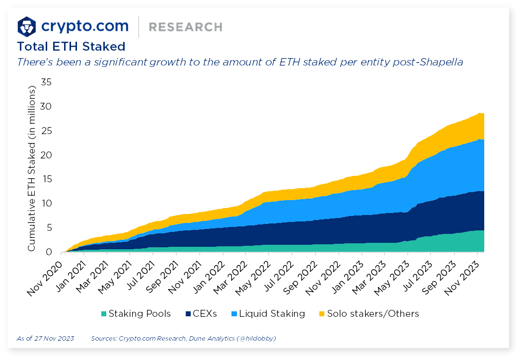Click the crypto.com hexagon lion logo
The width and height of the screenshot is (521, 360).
pyautogui.click(x=27, y=26)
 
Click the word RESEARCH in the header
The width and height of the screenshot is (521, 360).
pyautogui.click(x=185, y=27)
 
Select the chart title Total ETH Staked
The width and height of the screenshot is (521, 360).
pyautogui.click(x=71, y=47)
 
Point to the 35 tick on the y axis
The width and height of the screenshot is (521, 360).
pyautogui.click(x=46, y=82)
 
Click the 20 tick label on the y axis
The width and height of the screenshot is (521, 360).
pyautogui.click(x=46, y=155)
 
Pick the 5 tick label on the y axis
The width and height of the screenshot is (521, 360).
pyautogui.click(x=49, y=228)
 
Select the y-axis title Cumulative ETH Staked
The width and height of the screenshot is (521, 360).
pyautogui.click(x=32, y=169)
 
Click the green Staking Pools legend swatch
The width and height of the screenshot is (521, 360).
pyautogui.click(x=104, y=314)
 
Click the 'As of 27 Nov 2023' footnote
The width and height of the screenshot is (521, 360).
pyautogui.click(x=45, y=339)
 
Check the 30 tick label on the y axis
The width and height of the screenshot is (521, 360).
pyautogui.click(x=46, y=107)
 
